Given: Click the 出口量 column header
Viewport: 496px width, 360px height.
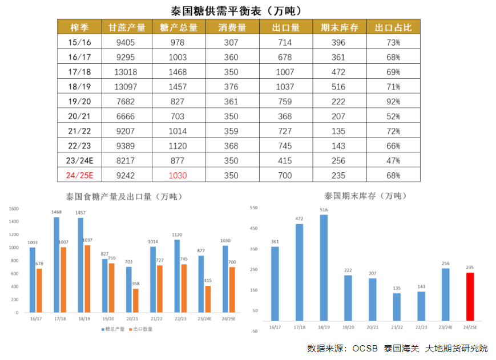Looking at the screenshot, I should [x=286, y=27].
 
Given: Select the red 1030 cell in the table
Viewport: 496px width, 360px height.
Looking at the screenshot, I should [x=178, y=175].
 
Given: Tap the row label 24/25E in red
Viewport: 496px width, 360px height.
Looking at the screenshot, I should [x=79, y=175].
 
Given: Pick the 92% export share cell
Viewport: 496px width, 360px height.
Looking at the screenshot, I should [x=393, y=102].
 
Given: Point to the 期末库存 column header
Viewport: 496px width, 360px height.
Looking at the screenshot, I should [x=340, y=27].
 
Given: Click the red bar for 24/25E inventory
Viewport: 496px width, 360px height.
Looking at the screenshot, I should [x=470, y=296].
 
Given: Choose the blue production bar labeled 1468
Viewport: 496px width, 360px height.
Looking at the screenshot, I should [x=57, y=265].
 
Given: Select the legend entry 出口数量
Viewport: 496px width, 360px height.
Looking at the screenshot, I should [x=141, y=329].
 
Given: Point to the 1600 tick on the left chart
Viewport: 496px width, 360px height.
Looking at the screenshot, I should [x=14, y=208].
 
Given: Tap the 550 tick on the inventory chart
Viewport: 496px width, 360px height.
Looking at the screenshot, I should [x=254, y=208].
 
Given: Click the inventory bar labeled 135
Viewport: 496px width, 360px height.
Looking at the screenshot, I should [x=397, y=307].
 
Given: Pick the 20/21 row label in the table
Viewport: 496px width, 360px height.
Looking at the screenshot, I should [x=79, y=116].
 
